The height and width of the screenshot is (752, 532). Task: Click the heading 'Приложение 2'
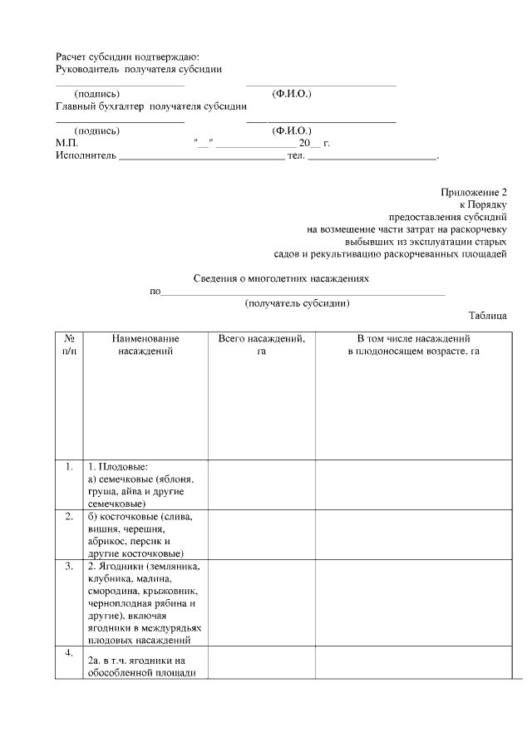point(473,192)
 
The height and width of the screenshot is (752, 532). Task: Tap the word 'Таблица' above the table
point(487,316)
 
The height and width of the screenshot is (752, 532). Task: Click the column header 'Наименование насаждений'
point(145,346)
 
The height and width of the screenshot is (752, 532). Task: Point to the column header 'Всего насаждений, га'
point(261,346)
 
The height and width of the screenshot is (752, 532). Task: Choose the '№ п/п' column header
point(70,346)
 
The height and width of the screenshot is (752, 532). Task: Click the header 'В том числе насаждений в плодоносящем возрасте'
point(413,346)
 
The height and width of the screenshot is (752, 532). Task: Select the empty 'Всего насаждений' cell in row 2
point(261,534)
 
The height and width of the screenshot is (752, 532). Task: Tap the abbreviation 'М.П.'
point(66,143)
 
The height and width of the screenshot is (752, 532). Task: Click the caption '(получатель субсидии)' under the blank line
point(297,303)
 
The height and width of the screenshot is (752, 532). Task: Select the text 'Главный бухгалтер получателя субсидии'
point(151,106)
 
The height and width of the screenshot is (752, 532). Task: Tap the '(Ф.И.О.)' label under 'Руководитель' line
point(292,94)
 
